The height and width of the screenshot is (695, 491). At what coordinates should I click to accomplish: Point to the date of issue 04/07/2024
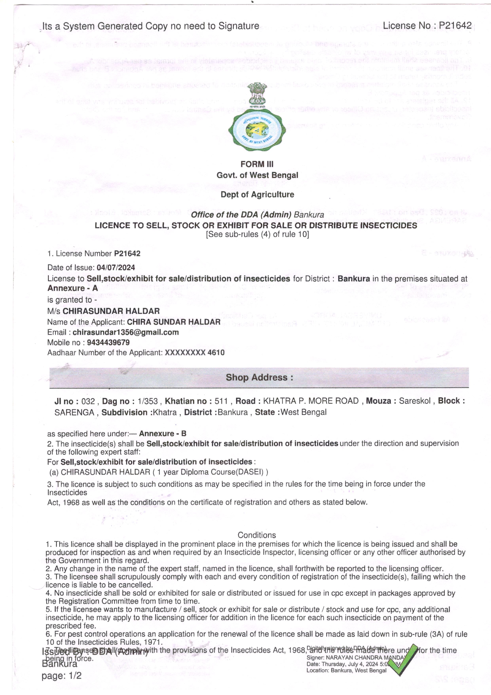click(x=116, y=268)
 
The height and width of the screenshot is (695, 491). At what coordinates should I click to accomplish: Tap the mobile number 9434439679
click(x=108, y=343)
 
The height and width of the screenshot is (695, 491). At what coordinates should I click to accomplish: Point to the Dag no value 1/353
click(x=148, y=401)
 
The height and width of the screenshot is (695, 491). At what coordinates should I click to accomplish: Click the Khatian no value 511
click(x=221, y=401)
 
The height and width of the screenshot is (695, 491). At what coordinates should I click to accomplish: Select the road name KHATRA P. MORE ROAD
click(x=311, y=401)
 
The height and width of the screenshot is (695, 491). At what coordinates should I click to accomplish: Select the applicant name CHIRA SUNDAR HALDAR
click(x=174, y=322)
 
